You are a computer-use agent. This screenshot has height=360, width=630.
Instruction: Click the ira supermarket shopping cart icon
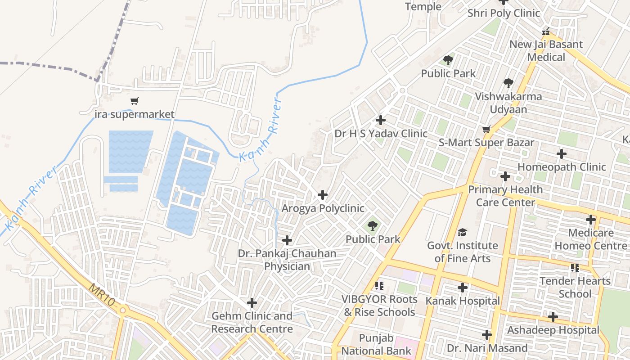pyautogui.click(x=134, y=101)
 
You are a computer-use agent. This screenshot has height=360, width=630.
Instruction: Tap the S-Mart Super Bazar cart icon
pyautogui.click(x=486, y=130)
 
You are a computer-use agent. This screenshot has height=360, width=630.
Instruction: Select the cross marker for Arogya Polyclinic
pyautogui.click(x=323, y=195)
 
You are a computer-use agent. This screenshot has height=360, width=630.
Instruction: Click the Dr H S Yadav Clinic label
pyautogui.click(x=381, y=134)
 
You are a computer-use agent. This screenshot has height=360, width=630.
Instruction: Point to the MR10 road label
pyautogui.click(x=101, y=295)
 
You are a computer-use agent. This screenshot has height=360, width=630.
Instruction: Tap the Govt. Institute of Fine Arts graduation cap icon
pyautogui.click(x=462, y=232)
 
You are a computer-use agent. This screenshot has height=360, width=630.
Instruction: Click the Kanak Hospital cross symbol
pyautogui.click(x=463, y=288)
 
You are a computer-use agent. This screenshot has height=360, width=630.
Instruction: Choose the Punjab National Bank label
pyautogui.click(x=376, y=345)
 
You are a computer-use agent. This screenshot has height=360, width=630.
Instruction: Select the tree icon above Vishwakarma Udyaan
pyautogui.click(x=508, y=83)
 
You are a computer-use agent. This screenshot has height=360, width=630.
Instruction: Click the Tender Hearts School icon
pyautogui.click(x=575, y=268)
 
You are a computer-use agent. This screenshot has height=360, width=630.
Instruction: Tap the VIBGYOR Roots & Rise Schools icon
pyautogui.click(x=379, y=286)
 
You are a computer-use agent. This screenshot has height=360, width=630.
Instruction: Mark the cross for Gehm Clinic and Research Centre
pyautogui.click(x=252, y=302)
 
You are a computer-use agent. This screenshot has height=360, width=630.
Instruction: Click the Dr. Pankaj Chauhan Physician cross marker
pyautogui.click(x=287, y=240)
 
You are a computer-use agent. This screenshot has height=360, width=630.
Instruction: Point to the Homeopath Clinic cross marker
pyautogui.click(x=562, y=154)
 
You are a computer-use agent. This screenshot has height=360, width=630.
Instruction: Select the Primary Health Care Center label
pyautogui.click(x=505, y=196)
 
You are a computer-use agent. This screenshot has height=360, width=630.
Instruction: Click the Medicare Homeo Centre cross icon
pyautogui.click(x=591, y=220)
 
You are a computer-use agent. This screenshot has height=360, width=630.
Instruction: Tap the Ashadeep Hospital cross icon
pyautogui.click(x=553, y=317)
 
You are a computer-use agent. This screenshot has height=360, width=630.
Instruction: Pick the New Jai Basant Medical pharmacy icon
pyautogui.click(x=546, y=31)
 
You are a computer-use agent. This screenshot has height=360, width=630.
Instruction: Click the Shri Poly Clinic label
pyautogui.click(x=504, y=13)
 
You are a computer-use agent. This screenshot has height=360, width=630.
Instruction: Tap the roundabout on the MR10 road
pyautogui.click(x=122, y=310)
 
